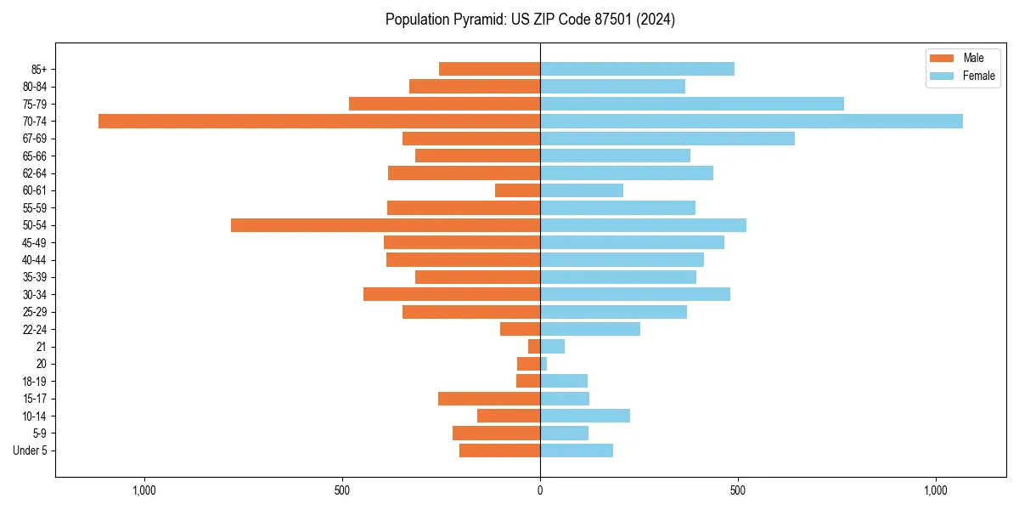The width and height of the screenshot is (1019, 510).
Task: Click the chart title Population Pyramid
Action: point(530,20)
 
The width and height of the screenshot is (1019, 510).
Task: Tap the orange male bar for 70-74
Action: point(319,121)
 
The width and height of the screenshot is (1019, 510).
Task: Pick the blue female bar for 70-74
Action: point(752,121)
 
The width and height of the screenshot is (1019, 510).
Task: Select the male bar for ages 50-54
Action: point(386,225)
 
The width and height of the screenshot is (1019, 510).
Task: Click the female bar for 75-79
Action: point(692,104)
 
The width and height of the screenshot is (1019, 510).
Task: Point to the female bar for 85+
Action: point(637,69)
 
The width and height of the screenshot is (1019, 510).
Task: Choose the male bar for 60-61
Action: point(517,190)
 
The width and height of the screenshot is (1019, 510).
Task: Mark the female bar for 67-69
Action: point(667,139)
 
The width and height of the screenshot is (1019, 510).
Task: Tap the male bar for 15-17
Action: point(489,399)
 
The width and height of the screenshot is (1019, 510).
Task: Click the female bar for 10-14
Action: point(585,416)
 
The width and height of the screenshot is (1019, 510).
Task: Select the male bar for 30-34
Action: point(452,294)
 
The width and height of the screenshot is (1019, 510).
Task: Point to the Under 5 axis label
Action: point(30,450)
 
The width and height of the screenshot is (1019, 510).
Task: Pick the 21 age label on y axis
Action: point(42,347)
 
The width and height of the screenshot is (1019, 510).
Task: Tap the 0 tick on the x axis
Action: point(540,490)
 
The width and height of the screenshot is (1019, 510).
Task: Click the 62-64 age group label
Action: point(35,173)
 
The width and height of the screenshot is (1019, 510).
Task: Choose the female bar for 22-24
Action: point(590,329)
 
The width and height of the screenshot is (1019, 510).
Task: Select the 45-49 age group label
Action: point(35,242)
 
